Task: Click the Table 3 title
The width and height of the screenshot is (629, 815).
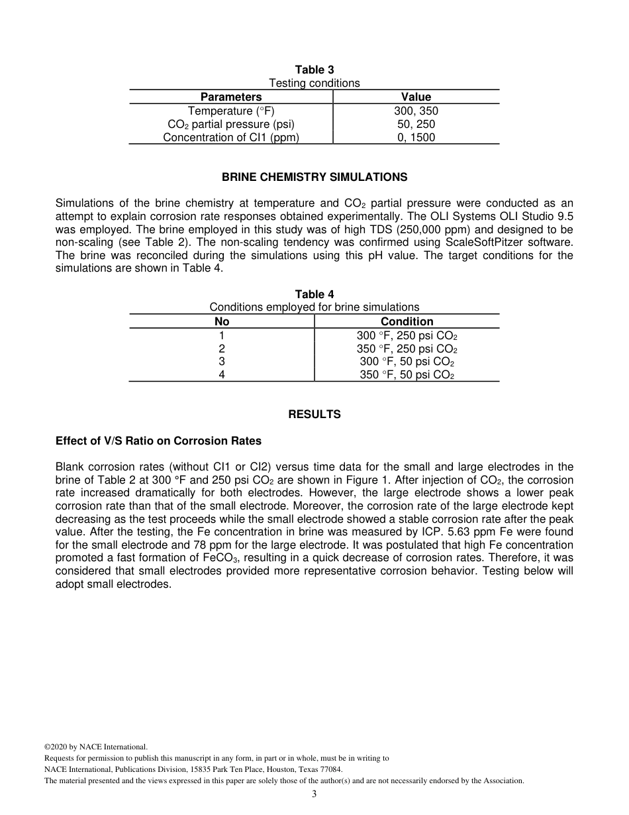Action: point(314,70)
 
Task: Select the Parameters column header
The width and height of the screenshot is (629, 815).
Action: point(231,97)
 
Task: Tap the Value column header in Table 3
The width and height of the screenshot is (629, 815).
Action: point(416,97)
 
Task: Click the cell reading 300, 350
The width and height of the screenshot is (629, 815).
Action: point(416,111)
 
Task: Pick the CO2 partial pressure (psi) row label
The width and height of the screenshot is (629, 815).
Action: point(231,124)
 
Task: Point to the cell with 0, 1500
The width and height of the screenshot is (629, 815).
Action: point(416,138)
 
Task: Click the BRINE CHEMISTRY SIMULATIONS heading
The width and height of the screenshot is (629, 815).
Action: point(314,177)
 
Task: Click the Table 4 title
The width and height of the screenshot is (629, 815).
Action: point(314,294)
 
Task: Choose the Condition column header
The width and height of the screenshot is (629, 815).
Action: point(407,321)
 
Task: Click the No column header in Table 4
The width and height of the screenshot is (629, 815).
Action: point(222,321)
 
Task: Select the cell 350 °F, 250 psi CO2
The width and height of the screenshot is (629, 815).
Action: point(407,349)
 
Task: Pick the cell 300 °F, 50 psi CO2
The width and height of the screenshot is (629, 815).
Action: point(407,362)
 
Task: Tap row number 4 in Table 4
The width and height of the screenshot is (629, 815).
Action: point(222,375)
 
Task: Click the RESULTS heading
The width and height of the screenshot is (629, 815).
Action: point(314,414)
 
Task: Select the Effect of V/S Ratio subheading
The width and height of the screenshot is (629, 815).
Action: point(158,441)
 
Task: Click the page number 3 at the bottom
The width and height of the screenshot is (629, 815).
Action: point(314,794)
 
